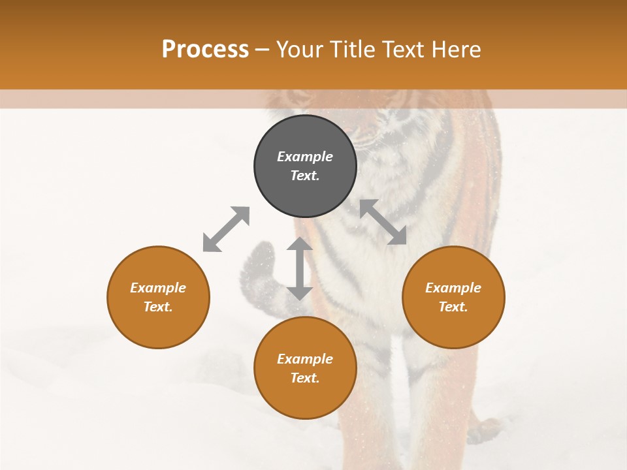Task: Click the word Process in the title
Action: tap(205, 50)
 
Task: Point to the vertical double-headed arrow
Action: tap(299, 268)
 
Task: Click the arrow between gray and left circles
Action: tap(226, 228)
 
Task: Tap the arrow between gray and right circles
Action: tap(383, 222)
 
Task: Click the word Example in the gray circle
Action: tap(305, 157)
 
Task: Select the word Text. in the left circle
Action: tap(158, 307)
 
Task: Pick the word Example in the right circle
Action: tap(453, 288)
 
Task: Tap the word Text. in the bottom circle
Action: tap(305, 378)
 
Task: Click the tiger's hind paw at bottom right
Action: tap(483, 431)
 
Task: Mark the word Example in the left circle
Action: tap(158, 288)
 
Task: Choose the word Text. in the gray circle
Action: tap(305, 176)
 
